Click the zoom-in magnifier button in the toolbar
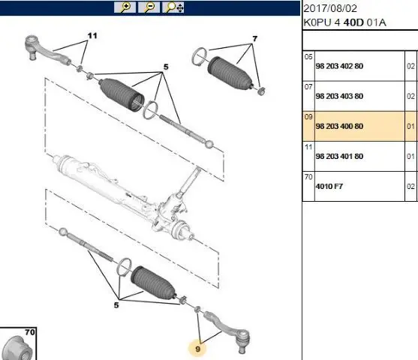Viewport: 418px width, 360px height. (125, 7)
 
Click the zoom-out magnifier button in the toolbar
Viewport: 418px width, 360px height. (149, 7)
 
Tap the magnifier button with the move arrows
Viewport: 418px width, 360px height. (173, 7)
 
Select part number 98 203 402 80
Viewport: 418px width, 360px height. (339, 66)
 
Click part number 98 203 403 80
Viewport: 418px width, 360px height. (339, 96)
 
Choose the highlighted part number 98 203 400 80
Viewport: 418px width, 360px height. (339, 126)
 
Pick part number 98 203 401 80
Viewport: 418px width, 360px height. (339, 157)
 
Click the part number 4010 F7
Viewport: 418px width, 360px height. (329, 187)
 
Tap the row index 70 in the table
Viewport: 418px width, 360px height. (308, 177)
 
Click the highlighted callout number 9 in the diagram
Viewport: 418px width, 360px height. (197, 349)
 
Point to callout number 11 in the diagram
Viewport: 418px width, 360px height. (92, 36)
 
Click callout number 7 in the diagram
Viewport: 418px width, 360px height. (255, 39)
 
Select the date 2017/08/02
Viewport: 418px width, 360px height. (330, 9)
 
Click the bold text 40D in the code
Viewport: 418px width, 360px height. (353, 22)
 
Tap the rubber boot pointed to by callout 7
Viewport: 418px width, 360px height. (230, 73)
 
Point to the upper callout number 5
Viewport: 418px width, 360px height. (166, 67)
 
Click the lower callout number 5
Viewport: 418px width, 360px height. (116, 305)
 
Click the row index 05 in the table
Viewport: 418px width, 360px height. (308, 57)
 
